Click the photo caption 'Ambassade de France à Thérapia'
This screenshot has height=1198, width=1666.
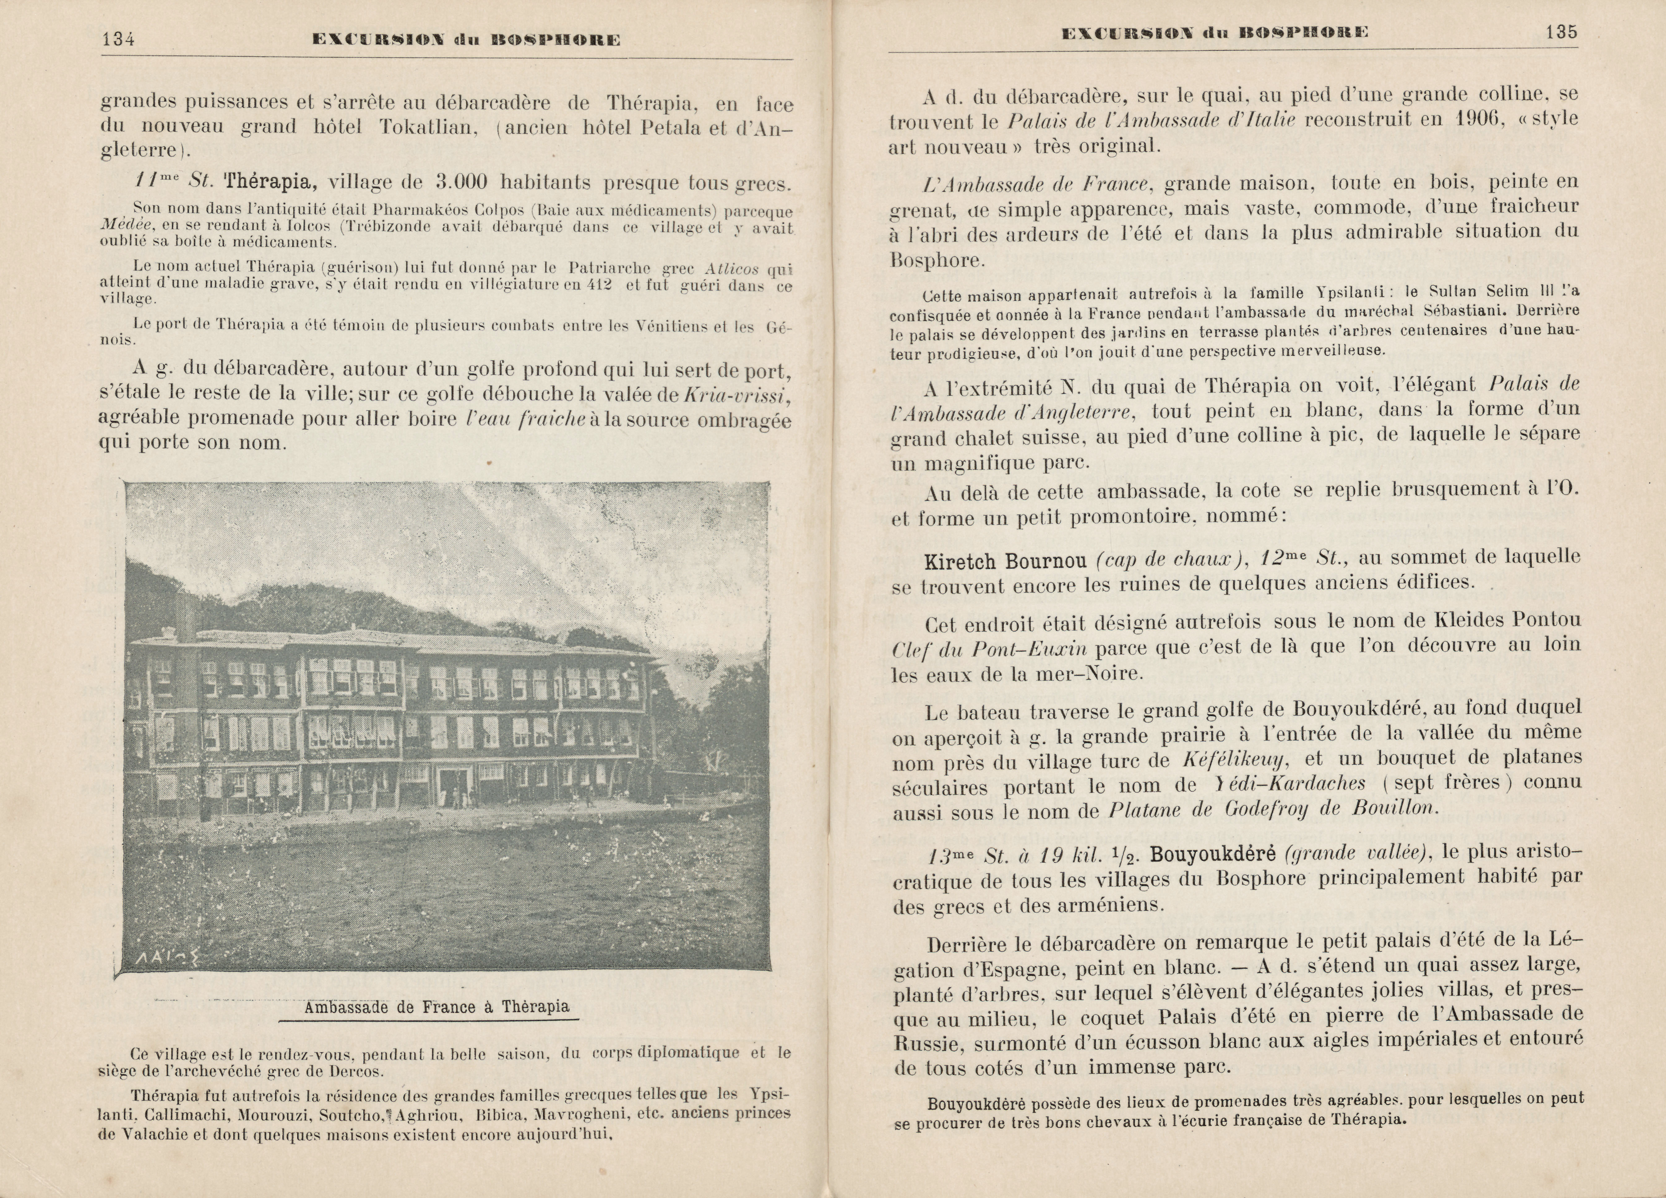[x=436, y=1007]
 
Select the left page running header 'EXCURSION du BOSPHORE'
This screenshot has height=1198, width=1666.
[x=465, y=41]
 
